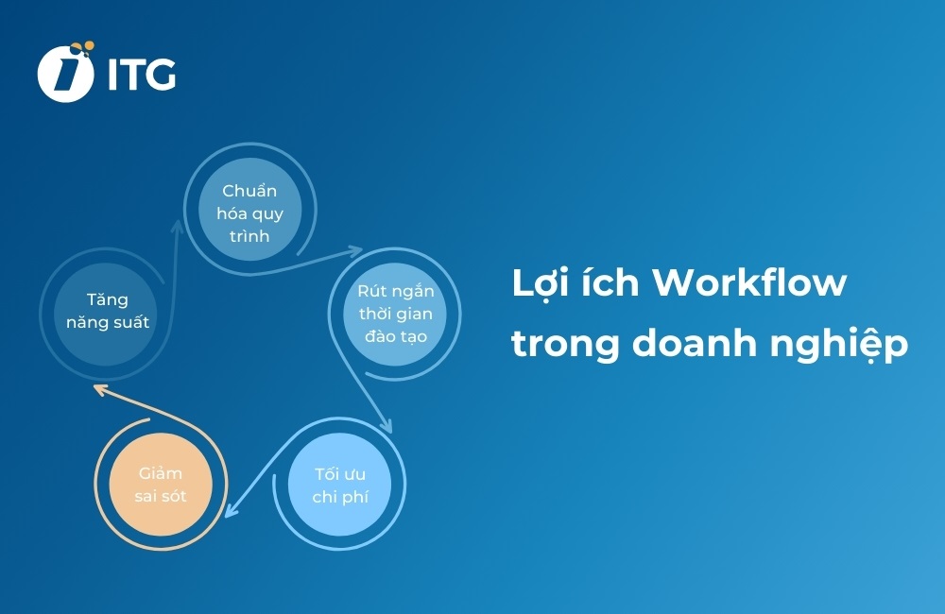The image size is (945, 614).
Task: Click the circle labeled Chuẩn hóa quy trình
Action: coord(249,213)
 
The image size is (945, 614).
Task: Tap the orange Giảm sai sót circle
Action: coord(160,484)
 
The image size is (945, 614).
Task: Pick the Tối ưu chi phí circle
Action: coord(339,484)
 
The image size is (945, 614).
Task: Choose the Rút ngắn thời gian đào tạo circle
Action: coord(395,313)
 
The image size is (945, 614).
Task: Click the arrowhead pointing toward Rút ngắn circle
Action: coord(356,251)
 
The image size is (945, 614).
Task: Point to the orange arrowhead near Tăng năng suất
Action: coord(97,387)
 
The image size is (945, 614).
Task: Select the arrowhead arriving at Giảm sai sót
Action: coord(230,513)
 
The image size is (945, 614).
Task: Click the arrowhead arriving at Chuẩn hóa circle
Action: coord(179,226)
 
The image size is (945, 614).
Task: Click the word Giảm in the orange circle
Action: coord(160,472)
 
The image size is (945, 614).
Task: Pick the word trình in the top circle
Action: coord(249,235)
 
